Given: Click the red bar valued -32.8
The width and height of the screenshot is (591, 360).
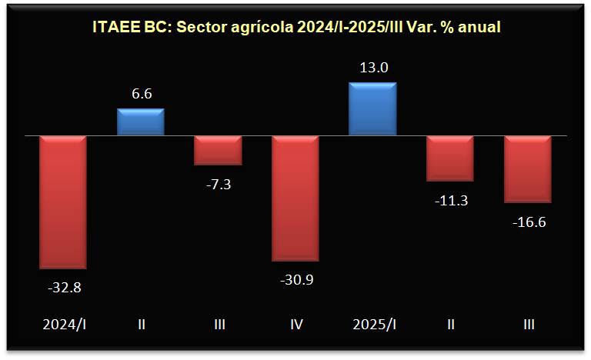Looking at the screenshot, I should pos(63,202).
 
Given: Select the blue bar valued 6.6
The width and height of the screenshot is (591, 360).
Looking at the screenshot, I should pos(141,122).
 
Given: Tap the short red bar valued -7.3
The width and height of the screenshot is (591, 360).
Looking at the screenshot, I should pos(218,150).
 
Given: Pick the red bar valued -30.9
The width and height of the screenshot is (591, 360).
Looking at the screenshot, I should pos(295,198).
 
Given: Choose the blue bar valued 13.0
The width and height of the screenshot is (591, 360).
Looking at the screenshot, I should pos(372,108).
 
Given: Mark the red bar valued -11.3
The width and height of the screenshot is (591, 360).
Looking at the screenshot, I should pos(450,158).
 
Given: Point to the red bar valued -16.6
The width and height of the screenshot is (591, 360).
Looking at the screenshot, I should pos(528,169).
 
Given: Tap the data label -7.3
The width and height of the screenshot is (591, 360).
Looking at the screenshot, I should pos(218,184).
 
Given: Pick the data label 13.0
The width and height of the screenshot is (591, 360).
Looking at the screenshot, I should pos(372,67).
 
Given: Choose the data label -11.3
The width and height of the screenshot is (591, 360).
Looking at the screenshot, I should pos(450,201).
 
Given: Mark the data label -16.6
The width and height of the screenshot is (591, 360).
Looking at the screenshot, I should pos(528,222).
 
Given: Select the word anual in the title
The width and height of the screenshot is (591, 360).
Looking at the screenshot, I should pos(480,27).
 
